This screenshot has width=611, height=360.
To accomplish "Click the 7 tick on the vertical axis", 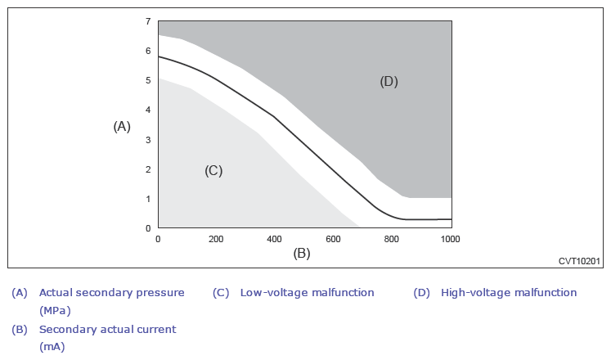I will (148, 20).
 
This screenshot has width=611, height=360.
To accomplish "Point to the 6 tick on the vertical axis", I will (148, 51).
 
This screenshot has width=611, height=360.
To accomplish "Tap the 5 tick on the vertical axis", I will (148, 80).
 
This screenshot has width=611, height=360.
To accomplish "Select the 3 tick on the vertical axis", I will (148, 140).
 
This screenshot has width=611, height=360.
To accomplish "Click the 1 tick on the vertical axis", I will (148, 199).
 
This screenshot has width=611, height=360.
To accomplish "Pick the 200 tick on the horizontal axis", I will (216, 239).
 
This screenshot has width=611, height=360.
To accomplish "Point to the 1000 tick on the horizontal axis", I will (450, 239).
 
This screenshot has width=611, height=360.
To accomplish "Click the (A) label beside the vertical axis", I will (122, 126).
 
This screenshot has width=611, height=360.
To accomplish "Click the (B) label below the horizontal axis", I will (302, 253).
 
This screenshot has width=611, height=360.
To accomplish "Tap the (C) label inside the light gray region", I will (213, 170).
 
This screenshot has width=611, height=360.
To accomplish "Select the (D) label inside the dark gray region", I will (389, 81).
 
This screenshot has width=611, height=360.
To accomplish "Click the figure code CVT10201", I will (580, 261).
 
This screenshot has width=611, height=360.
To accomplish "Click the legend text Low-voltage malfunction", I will (307, 292).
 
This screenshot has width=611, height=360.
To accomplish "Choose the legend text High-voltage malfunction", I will (509, 292).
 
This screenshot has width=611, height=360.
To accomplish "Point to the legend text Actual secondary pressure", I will (112, 292).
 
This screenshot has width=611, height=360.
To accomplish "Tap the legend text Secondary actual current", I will (107, 329).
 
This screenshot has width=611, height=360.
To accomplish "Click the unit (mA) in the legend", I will (52, 346).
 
